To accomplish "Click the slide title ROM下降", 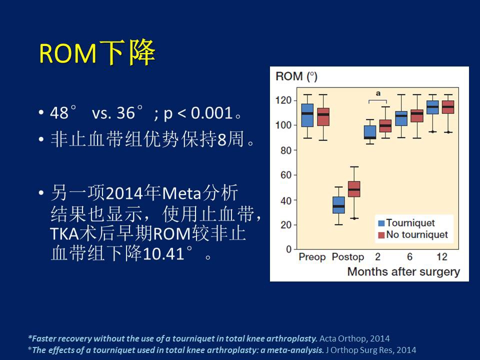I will (x=97, y=53).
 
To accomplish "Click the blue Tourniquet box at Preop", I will (x=307, y=115).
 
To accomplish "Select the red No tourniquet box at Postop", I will (x=354, y=189).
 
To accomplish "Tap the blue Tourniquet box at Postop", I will (x=339, y=205).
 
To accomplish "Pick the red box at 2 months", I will (x=385, y=125).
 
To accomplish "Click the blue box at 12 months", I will (x=432, y=107).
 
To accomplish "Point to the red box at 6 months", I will (x=416, y=116).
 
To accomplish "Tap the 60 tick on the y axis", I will (x=285, y=175).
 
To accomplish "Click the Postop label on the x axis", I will (x=348, y=257).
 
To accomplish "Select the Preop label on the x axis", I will (x=312, y=257).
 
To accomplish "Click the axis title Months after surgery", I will (x=403, y=271).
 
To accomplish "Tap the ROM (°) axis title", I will (x=296, y=76).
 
